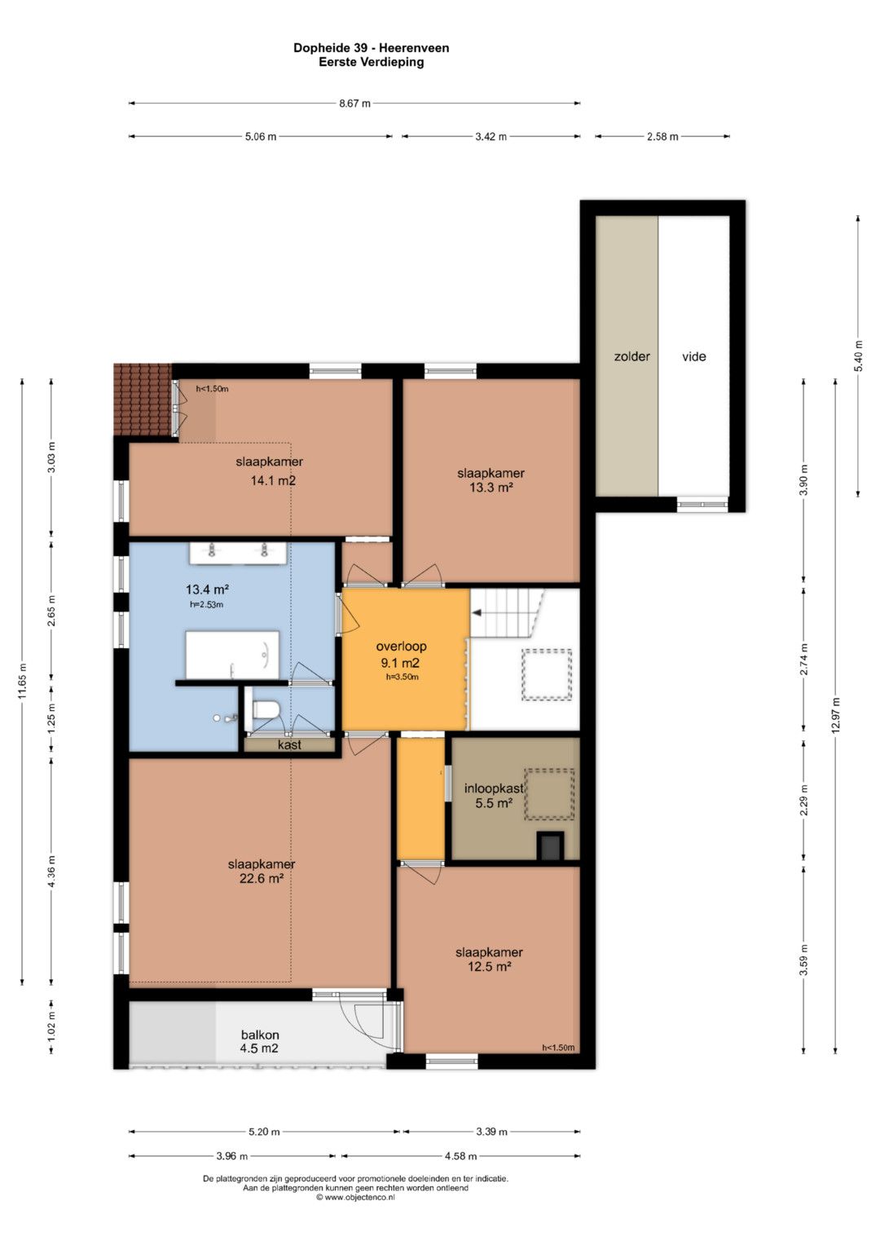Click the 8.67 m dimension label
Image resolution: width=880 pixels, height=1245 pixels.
tap(354, 104)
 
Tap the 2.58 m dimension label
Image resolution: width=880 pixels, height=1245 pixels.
tap(662, 136)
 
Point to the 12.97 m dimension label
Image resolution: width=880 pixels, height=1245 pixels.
tap(836, 715)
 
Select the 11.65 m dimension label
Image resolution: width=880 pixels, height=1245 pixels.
tap(22, 681)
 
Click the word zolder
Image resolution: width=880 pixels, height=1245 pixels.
tap(631, 356)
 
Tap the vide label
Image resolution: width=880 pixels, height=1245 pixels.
tap(694, 356)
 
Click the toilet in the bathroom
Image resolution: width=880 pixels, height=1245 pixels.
tap(265, 710)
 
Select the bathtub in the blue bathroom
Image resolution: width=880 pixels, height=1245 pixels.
tap(232, 655)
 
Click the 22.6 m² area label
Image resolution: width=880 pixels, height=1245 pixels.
tap(261, 879)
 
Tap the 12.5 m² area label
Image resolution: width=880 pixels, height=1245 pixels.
tap(489, 966)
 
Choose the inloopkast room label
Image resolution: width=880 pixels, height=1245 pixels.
tap(493, 788)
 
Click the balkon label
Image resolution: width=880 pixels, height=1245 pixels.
tap(260, 1035)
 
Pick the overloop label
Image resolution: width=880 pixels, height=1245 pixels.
tap(401, 646)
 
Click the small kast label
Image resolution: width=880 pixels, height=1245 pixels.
tap(289, 744)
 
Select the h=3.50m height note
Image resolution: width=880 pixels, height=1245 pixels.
tap(403, 677)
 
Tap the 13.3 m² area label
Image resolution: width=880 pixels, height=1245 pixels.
tap(491, 488)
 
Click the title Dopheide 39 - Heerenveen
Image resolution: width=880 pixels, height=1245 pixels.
tap(371, 48)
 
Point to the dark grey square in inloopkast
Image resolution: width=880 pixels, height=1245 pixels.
tap(550, 847)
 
